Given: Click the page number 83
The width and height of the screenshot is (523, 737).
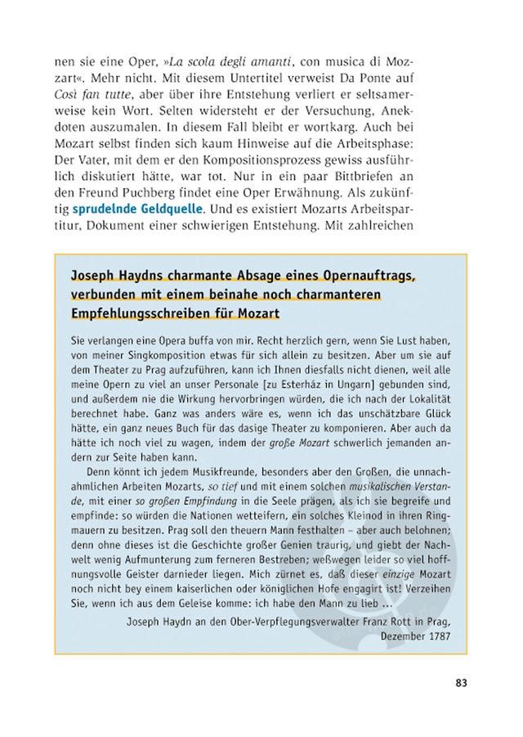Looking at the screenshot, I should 461,684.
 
